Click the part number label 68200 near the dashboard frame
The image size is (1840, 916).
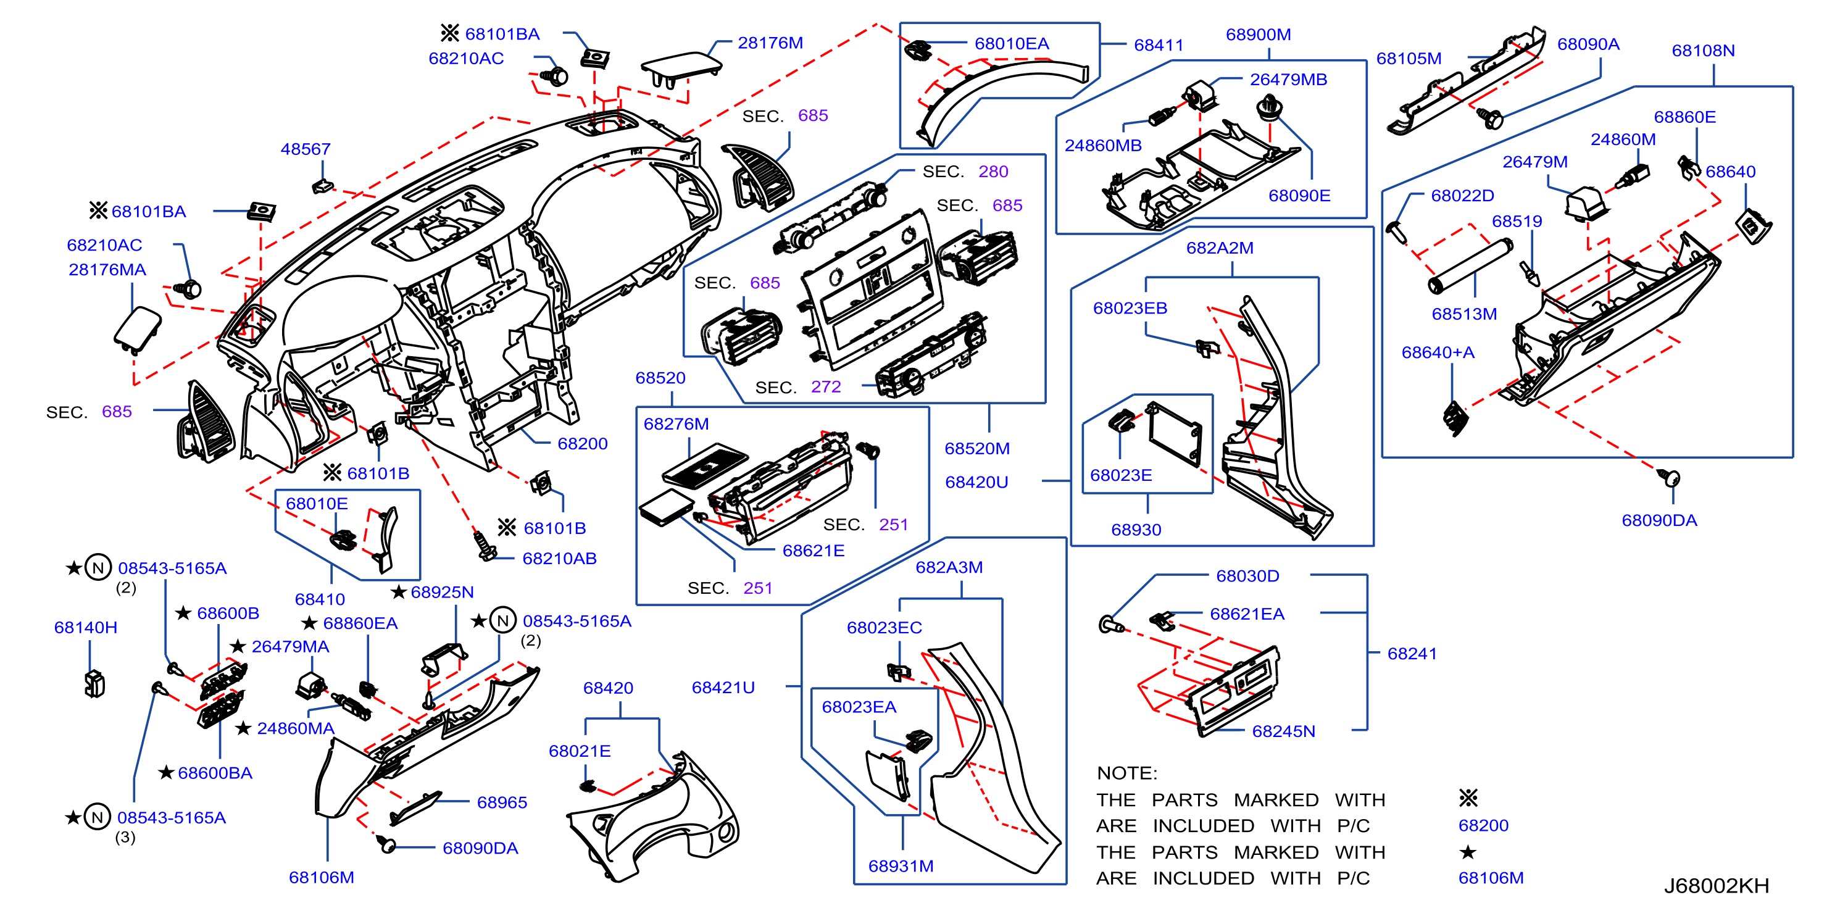[x=582, y=444]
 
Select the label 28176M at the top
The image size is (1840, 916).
[x=770, y=43]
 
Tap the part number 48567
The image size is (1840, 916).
[x=305, y=149]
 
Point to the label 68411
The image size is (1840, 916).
[x=1159, y=45]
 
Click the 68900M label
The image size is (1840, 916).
[x=1258, y=35]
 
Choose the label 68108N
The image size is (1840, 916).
[x=1703, y=51]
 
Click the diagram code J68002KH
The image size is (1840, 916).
[x=1717, y=886]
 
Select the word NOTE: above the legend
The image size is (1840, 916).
[x=1126, y=773]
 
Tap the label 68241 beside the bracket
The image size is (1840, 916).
[x=1412, y=654]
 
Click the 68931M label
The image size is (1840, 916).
[x=901, y=866]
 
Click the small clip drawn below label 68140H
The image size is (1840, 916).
[x=94, y=684]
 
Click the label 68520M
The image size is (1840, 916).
[x=977, y=449]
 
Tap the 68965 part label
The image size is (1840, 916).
[x=502, y=802]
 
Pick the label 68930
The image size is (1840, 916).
[x=1136, y=530]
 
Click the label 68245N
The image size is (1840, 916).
[x=1284, y=731]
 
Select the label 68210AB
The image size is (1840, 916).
[x=559, y=559]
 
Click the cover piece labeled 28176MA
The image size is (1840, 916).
[x=137, y=330]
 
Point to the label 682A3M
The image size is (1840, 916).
[x=949, y=567]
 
